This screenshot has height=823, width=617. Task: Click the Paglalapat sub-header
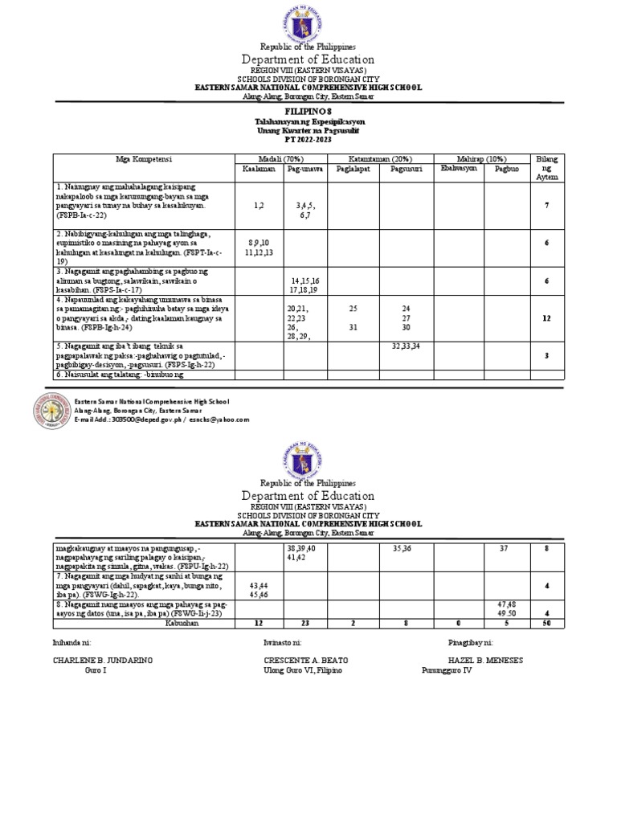coord(353,168)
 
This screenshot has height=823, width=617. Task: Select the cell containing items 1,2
coord(257,207)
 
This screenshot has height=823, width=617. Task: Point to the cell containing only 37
coord(505,549)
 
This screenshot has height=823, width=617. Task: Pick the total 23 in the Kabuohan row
coord(301,621)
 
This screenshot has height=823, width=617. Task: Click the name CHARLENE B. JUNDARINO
coord(103,660)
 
